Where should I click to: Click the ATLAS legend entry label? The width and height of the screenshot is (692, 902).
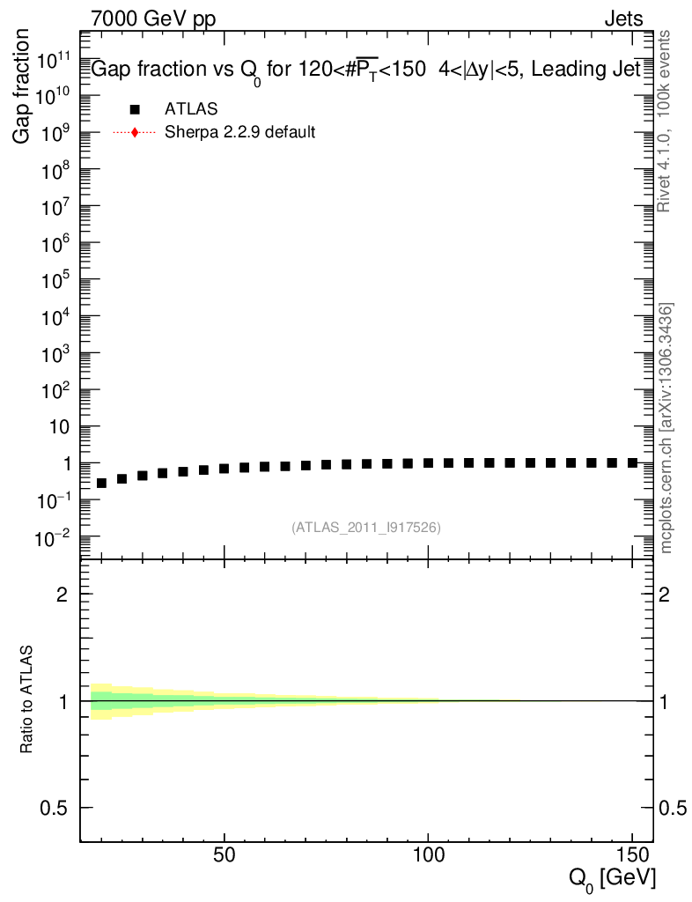(x=191, y=109)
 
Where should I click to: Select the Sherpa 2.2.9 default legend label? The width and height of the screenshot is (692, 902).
(x=240, y=133)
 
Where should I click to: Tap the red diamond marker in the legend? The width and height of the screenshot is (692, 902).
(x=134, y=133)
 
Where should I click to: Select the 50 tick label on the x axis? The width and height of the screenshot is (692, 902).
(x=225, y=855)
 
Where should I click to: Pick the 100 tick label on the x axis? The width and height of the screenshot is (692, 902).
(x=428, y=855)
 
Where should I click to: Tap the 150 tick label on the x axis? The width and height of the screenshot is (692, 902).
(x=631, y=855)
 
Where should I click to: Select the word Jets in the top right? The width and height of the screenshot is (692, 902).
(x=623, y=18)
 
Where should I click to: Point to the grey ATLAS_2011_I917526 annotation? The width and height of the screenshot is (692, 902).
(x=366, y=528)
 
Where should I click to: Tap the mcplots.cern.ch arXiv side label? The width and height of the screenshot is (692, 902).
(x=666, y=428)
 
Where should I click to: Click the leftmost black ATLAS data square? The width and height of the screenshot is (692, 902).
(x=101, y=484)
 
